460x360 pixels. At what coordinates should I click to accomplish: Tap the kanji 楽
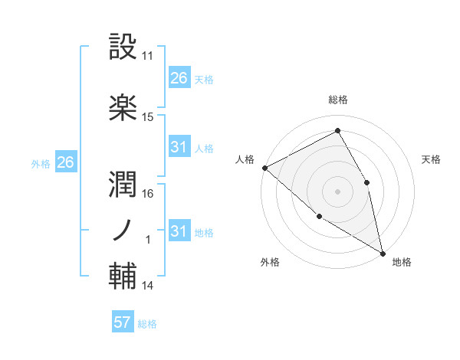[x=123, y=107]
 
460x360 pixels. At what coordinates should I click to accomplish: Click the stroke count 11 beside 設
[x=148, y=56]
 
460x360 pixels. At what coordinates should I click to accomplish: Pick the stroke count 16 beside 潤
[x=148, y=193]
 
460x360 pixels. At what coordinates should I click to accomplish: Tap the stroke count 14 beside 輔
[x=148, y=286]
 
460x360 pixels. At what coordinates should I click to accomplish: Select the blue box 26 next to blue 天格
[x=179, y=78]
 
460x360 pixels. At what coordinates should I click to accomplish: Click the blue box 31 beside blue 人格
[x=179, y=147]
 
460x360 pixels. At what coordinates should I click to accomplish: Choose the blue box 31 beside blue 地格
[x=179, y=231]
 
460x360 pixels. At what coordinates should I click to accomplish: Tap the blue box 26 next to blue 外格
[x=65, y=162]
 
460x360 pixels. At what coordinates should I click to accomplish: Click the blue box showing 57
[x=122, y=322]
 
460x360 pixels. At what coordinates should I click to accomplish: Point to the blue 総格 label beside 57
[x=147, y=324]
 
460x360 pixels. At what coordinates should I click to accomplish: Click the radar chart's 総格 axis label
[x=337, y=100]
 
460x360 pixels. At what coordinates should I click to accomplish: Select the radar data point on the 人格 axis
[x=264, y=168]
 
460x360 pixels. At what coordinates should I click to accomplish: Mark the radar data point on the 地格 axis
[x=382, y=252]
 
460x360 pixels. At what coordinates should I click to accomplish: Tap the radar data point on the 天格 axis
[x=367, y=182]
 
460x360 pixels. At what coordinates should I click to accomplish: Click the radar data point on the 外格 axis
[x=320, y=217]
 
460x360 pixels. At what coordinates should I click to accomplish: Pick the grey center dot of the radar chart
[x=337, y=191]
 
